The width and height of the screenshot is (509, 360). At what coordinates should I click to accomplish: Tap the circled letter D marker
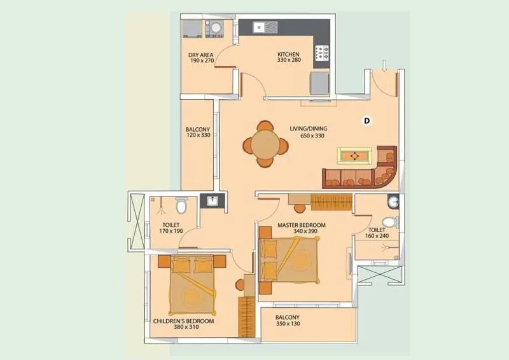point(366,120)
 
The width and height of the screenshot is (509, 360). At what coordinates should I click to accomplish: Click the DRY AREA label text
point(200,55)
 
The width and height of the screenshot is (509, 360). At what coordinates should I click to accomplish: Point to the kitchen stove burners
point(322,53)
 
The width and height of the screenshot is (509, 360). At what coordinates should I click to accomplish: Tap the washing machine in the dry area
point(215,28)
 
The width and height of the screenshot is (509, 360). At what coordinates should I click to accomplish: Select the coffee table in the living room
point(354,155)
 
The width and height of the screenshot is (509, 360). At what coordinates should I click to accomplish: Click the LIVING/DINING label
point(307,129)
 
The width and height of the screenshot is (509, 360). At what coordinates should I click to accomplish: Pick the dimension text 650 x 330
point(307,136)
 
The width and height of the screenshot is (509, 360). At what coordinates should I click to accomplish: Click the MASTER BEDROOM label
point(301,225)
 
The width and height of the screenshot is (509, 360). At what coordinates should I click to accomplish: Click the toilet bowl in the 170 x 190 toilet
point(181,206)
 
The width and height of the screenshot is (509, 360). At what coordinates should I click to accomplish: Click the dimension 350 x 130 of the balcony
point(288,324)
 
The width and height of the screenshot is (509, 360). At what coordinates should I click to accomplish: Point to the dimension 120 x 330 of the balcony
point(198,135)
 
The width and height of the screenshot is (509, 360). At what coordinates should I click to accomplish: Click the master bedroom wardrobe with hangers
point(331,202)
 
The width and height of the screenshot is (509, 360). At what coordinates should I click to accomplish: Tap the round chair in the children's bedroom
point(241,285)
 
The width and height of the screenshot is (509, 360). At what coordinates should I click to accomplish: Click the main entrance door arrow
point(384,66)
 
